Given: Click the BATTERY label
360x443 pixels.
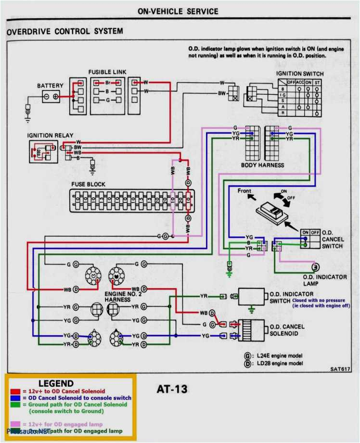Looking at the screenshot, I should click(50, 86).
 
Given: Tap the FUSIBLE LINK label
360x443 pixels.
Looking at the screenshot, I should click(107, 72).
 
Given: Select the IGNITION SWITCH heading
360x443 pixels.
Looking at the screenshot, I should click(299, 74).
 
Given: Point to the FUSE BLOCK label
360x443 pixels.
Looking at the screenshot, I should click(88, 184).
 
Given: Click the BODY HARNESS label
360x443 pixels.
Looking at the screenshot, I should click(262, 165).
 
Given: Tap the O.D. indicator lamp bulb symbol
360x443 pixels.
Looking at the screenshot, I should click(316, 266).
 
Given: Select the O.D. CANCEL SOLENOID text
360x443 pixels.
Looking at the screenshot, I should click(287, 330).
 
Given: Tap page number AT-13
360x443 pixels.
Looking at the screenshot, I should click(172, 389).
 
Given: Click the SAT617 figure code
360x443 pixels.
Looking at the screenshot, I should click(340, 369).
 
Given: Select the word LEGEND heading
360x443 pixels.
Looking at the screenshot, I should click(56, 383).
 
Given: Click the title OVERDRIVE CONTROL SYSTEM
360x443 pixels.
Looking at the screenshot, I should click(64, 32).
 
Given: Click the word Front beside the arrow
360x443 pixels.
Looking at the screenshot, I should click(244, 191).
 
